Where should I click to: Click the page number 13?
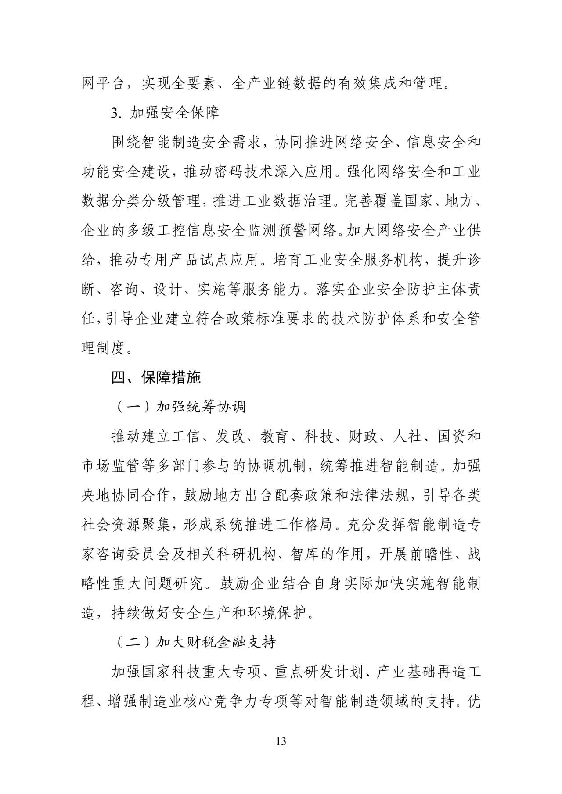[281, 742]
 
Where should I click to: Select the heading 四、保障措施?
[156, 377]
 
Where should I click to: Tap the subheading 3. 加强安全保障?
[165, 113]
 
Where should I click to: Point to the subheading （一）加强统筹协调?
[180, 407]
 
